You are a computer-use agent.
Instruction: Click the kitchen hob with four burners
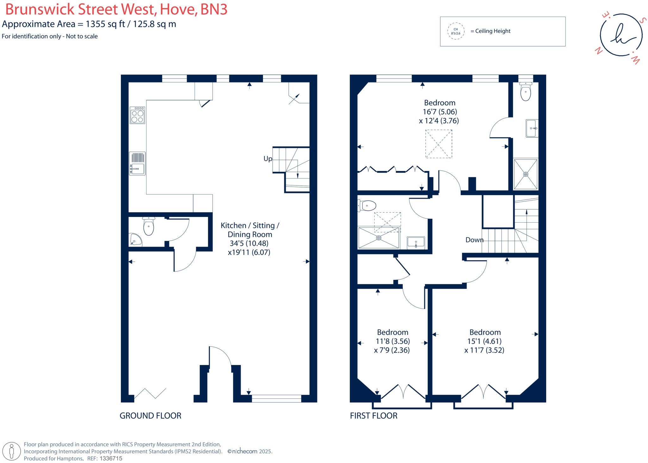pyautogui.click(x=137, y=115)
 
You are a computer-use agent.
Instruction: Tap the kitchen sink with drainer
pyautogui.click(x=137, y=163)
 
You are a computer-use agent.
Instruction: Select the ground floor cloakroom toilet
pyautogui.click(x=148, y=226)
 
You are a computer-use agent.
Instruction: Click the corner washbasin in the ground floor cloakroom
pyautogui.click(x=135, y=240)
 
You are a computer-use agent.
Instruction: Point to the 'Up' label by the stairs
pyautogui.click(x=268, y=159)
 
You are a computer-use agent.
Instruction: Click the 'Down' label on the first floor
pyautogui.click(x=474, y=240)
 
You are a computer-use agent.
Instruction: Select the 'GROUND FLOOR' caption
pyautogui.click(x=150, y=416)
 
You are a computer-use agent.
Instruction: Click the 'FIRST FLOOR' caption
pyautogui.click(x=373, y=416)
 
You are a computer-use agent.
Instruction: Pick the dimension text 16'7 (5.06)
pyautogui.click(x=440, y=112)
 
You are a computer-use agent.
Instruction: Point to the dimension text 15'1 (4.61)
pyautogui.click(x=484, y=341)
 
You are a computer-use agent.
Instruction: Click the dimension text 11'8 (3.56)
pyautogui.click(x=392, y=341)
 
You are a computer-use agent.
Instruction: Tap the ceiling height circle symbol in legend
pyautogui.click(x=456, y=31)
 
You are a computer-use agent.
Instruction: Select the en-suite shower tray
pyautogui.click(x=526, y=174)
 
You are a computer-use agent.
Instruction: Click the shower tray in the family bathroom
pyautogui.click(x=379, y=238)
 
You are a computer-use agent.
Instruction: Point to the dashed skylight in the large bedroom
pyautogui.click(x=439, y=144)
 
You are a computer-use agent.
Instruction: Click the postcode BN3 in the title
pyautogui.click(x=214, y=9)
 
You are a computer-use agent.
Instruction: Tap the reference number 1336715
pyautogui.click(x=111, y=459)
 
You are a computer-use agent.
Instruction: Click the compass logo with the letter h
pyautogui.click(x=621, y=35)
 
